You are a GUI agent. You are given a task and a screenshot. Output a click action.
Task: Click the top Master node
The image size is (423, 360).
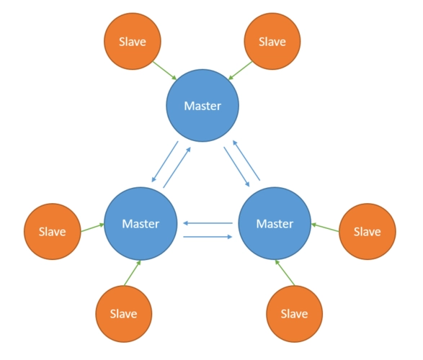point(202,106)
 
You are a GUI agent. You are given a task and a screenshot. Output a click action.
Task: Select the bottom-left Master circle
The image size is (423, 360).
point(141,224)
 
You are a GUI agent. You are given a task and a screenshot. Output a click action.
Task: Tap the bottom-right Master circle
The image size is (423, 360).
point(275,224)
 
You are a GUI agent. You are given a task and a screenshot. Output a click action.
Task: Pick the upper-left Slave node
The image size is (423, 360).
point(133,42)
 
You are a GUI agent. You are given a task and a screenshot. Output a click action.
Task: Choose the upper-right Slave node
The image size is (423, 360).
point(272,42)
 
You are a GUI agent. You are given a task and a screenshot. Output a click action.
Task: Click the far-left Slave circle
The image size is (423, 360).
point(53,232)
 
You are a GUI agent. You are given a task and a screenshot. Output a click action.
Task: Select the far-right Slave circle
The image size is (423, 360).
point(368,232)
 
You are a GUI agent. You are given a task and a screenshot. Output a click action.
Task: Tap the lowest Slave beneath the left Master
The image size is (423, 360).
point(123,314)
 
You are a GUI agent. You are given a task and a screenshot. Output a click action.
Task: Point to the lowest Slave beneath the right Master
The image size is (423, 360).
point(294,314)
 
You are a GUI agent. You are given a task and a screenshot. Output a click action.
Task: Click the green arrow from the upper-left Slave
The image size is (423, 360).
point(164,71)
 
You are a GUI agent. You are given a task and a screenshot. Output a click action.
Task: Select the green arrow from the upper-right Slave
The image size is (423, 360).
point(240,71)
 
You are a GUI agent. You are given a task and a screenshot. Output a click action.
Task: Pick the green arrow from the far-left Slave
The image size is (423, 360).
point(92,228)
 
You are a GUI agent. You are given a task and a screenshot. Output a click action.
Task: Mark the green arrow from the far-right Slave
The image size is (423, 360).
point(325,228)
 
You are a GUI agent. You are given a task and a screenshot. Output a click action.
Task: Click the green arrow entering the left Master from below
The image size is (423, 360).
point(132,273)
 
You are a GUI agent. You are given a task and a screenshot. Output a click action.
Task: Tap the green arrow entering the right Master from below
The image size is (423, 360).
point(285,273)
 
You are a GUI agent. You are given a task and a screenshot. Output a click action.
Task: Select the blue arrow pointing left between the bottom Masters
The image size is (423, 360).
point(208,223)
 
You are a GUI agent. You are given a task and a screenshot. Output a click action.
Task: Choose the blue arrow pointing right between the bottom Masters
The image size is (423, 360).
point(208,237)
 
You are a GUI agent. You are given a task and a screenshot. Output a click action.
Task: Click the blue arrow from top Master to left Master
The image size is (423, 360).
point(165,162)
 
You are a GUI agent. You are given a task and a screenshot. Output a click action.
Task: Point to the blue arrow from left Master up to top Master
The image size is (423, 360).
point(177,167)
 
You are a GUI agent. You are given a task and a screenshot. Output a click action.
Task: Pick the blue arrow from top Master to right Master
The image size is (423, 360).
point(236,167)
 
